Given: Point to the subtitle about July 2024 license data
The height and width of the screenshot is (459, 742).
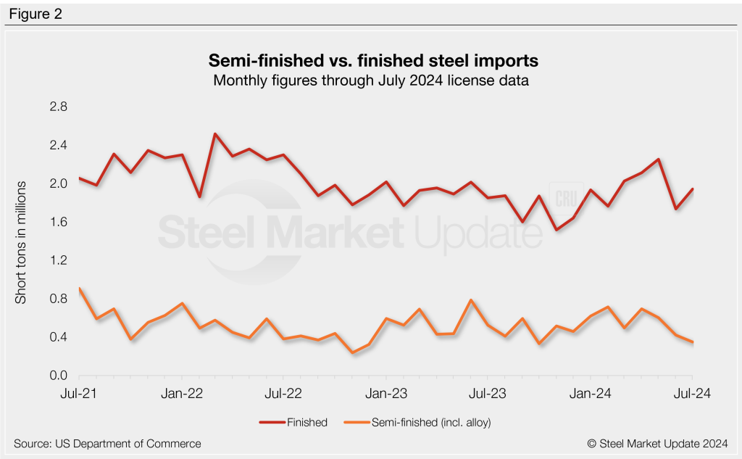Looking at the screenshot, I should pyautogui.click(x=370, y=80).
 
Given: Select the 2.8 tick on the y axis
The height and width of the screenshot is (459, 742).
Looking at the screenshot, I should pyautogui.click(x=59, y=107).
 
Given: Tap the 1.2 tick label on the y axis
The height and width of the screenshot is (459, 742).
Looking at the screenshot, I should pyautogui.click(x=59, y=260).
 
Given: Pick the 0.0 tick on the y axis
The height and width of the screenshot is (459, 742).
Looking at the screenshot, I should pyautogui.click(x=59, y=376).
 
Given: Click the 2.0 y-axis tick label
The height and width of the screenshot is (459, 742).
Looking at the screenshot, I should pyautogui.click(x=59, y=183).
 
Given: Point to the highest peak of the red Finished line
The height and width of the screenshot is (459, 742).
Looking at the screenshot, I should pyautogui.click(x=215, y=134).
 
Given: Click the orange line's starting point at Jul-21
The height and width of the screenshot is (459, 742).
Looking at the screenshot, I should pyautogui.click(x=79, y=289).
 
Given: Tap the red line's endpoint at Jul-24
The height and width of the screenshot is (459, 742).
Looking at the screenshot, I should pyautogui.click(x=692, y=189).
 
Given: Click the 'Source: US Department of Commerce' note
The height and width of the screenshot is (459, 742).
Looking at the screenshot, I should pyautogui.click(x=107, y=443).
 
